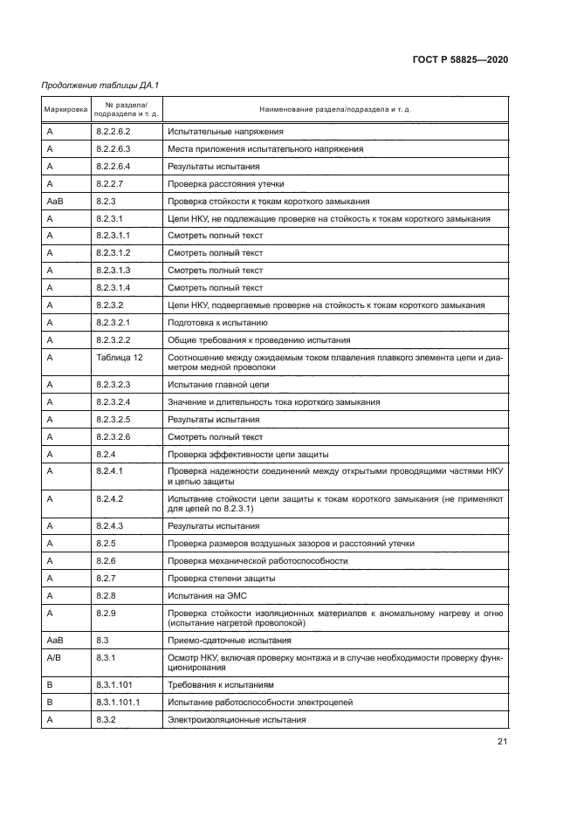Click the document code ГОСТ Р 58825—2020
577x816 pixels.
(x=459, y=59)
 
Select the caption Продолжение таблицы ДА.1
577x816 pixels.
(x=100, y=85)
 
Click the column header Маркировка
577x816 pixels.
(x=65, y=111)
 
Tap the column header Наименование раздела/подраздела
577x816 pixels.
(x=335, y=111)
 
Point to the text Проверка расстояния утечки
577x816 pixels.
(x=225, y=184)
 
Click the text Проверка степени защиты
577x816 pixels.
(x=222, y=578)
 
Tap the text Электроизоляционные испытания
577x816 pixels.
(x=237, y=720)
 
